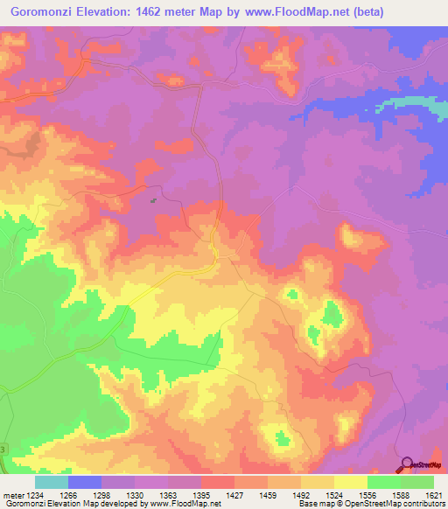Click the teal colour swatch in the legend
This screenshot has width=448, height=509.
coord(52,482)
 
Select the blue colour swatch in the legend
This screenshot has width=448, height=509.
coord(85,482)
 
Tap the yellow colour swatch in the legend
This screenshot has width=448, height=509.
coord(351,482)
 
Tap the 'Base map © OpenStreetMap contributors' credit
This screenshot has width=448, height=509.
coord(372,505)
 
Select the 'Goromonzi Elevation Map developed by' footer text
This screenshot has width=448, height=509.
coord(72,505)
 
